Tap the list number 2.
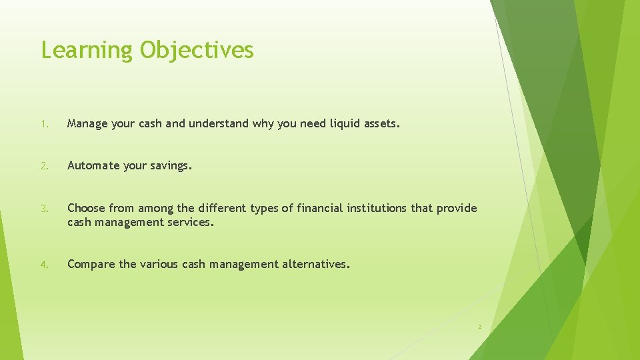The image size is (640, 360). point(44,166)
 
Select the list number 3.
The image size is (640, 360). point(44,209)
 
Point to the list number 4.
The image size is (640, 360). point(44,265)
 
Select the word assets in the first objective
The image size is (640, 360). point(382,123)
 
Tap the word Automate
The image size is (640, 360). point(94,165)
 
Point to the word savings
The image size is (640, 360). point(171,165)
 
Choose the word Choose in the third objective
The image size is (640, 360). point(86,208)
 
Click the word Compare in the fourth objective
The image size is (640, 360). point(91,264)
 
